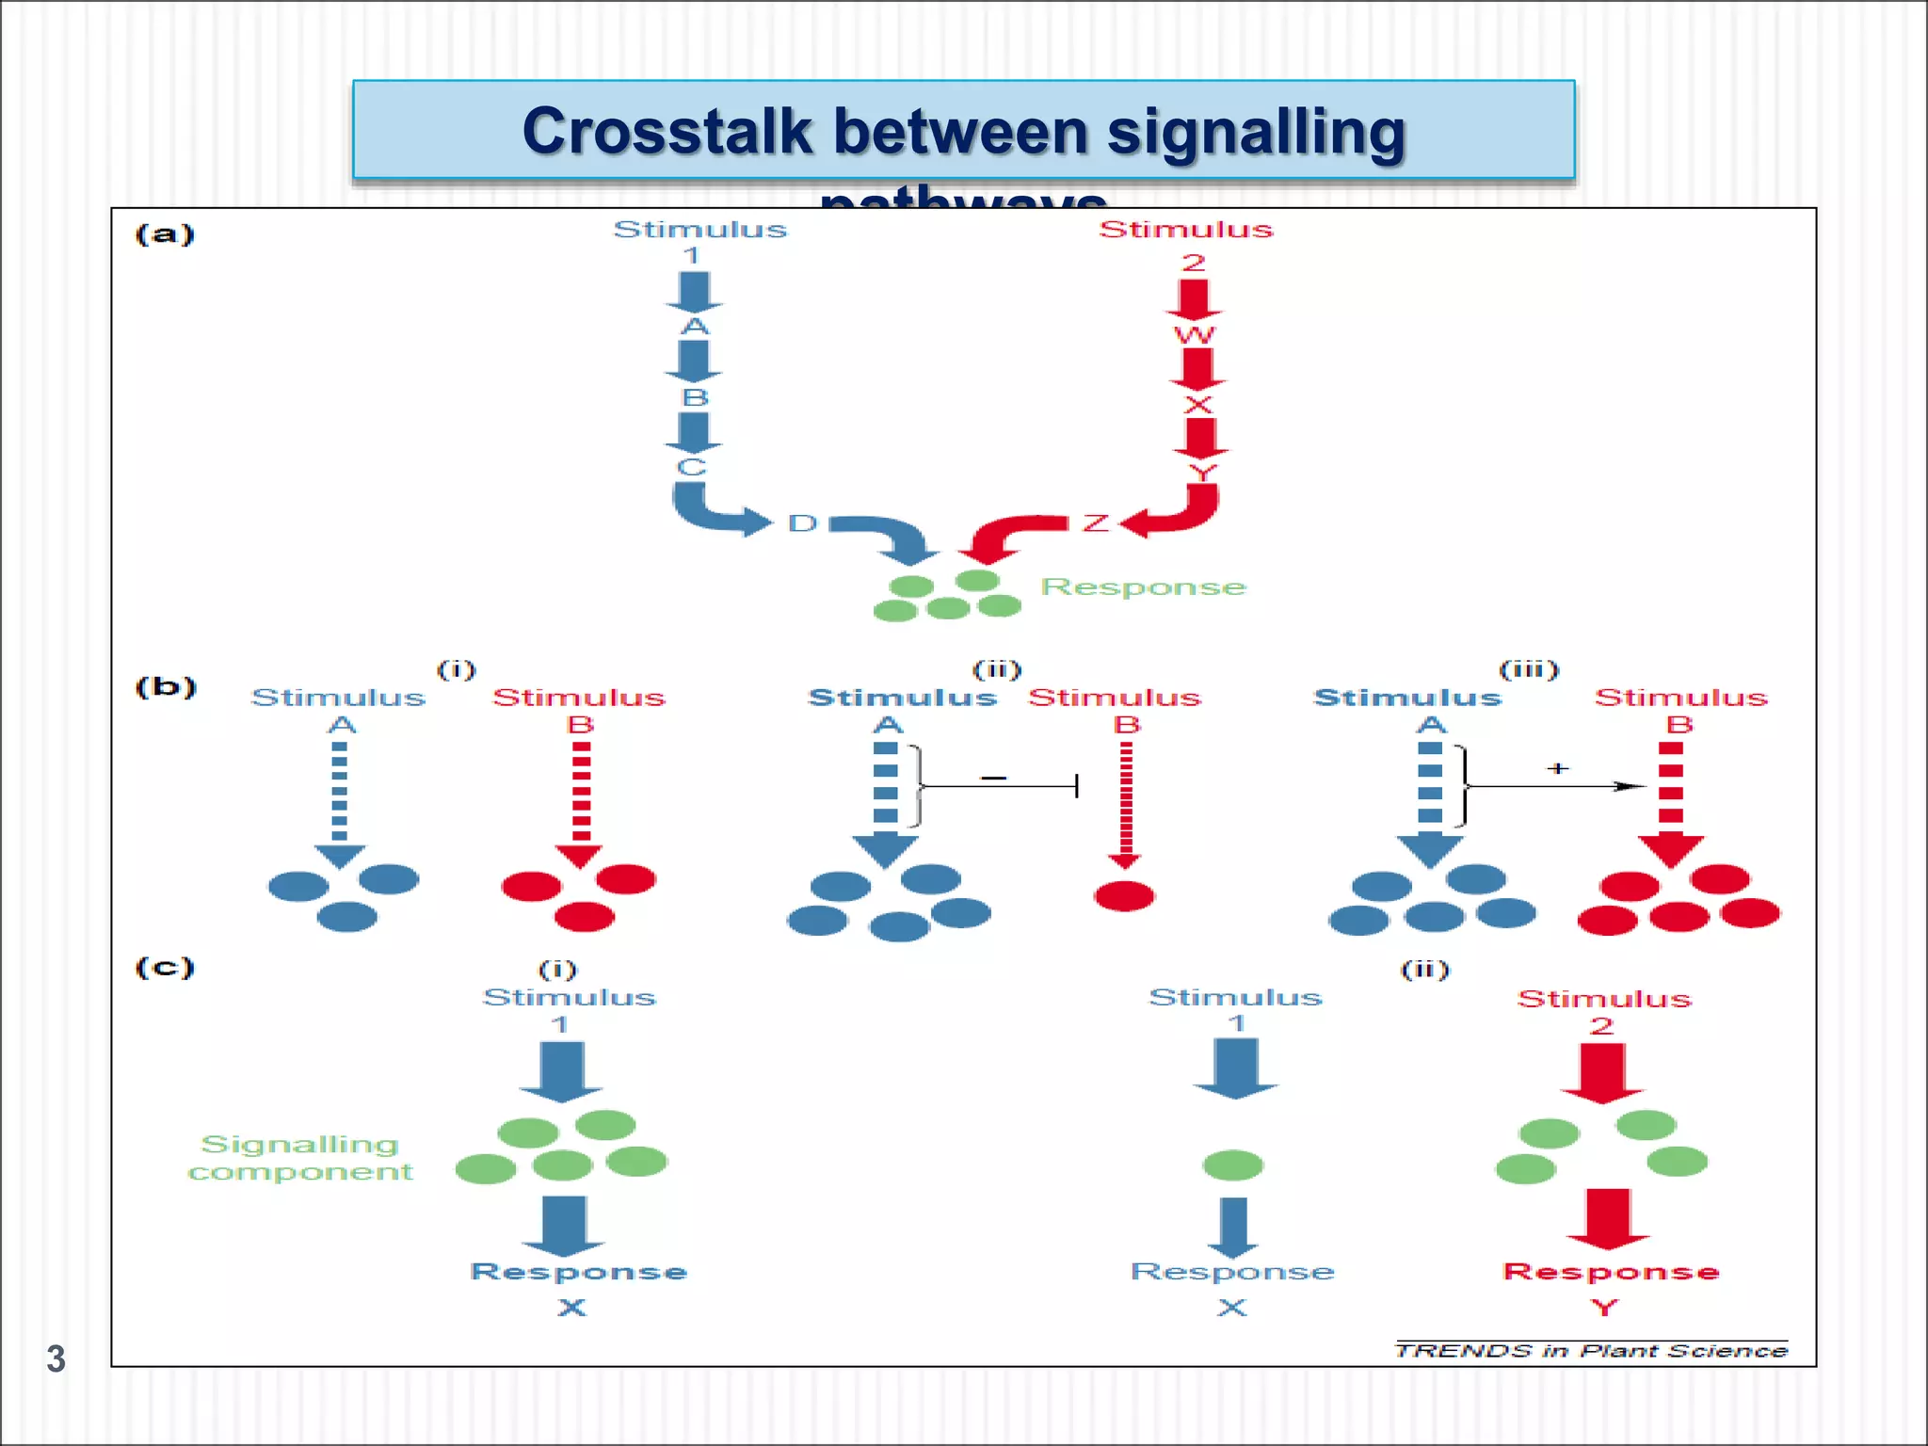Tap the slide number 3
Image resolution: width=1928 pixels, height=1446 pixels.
point(56,1358)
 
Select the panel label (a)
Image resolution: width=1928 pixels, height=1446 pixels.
point(165,233)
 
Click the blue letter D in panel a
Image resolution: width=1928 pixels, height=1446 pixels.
point(802,523)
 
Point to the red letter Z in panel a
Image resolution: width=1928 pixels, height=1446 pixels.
point(1095,523)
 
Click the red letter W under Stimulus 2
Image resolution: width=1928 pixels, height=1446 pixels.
point(1194,335)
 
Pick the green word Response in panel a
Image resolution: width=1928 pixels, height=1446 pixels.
point(1143,586)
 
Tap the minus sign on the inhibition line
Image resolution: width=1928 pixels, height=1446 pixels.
point(993,778)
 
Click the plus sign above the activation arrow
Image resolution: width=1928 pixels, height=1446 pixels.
point(1557,768)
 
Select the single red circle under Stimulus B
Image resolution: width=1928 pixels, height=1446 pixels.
point(1124,895)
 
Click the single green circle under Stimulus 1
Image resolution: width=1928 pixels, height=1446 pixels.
point(1232,1165)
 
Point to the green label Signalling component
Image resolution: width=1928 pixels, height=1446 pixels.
point(300,1158)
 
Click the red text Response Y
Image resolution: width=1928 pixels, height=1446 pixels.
point(1611,1286)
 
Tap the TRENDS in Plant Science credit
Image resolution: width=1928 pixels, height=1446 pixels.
point(1590,1351)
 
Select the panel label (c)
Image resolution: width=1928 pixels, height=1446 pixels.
point(165,967)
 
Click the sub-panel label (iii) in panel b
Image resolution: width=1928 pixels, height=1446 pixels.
point(1528,669)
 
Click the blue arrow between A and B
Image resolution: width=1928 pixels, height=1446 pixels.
point(694,361)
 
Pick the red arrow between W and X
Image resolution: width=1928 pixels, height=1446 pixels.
point(1197,369)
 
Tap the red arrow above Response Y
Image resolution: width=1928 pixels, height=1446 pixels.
point(1608,1216)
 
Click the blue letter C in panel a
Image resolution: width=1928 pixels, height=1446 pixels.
point(692,468)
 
